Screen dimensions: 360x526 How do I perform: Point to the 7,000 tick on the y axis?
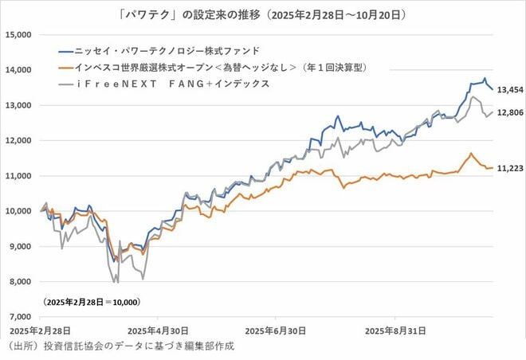[x=18, y=316]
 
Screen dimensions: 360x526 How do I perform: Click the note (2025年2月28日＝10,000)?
[x=91, y=302]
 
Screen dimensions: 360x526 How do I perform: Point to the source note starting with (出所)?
[x=120, y=346]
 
